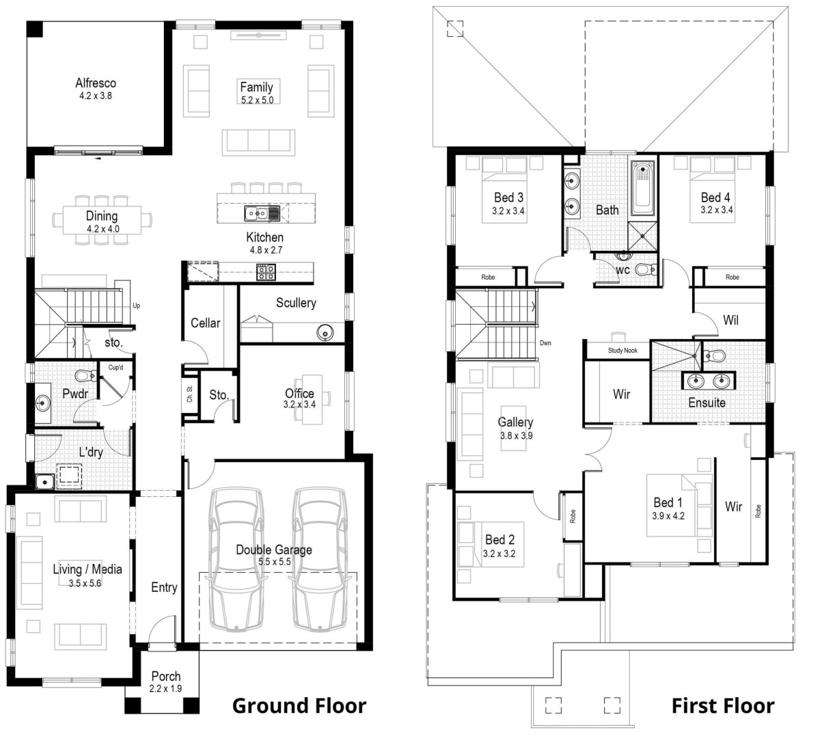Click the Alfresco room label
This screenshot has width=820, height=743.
click(x=95, y=83)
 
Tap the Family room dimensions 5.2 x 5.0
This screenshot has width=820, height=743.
click(x=256, y=100)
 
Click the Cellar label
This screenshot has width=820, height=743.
click(x=205, y=323)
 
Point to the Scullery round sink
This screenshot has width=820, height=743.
click(x=325, y=333)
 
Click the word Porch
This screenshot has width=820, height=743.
click(x=165, y=677)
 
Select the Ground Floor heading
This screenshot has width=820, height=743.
click(x=299, y=705)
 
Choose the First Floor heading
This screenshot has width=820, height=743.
click(x=723, y=705)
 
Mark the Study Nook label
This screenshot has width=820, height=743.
click(x=623, y=351)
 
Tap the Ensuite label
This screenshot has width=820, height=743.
click(x=707, y=403)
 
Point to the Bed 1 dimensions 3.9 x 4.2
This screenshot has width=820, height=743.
click(x=668, y=516)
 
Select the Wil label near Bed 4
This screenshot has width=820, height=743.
click(x=730, y=319)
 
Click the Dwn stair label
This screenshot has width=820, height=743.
click(x=545, y=343)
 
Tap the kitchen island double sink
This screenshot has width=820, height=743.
click(x=262, y=214)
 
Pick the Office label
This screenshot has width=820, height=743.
click(x=299, y=393)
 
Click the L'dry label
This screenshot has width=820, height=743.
click(x=90, y=452)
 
